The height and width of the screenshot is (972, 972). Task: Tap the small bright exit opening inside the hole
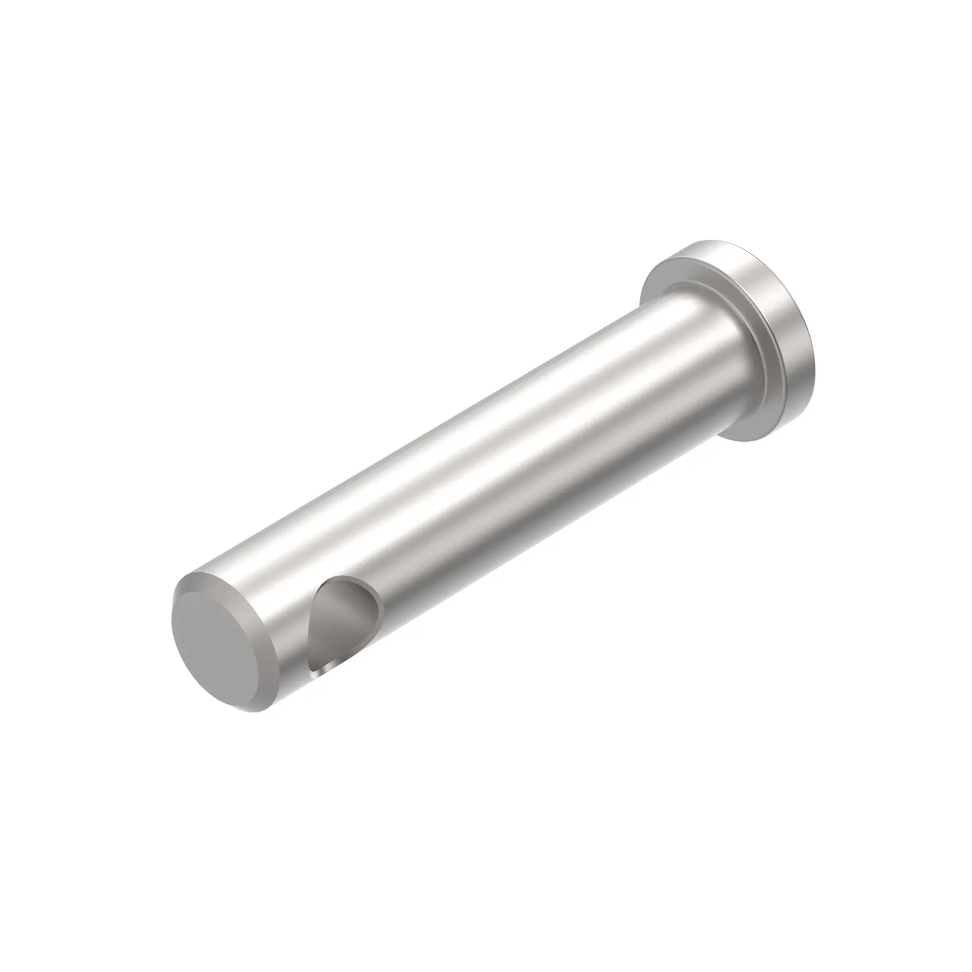click(323, 670)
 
